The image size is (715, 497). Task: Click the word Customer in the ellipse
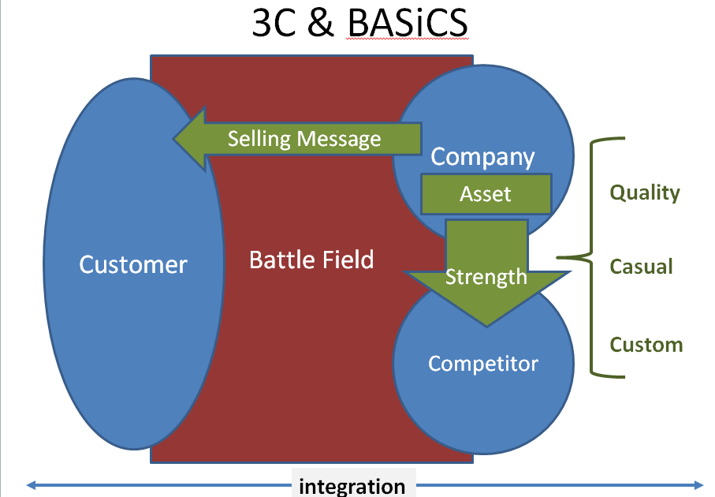click(133, 263)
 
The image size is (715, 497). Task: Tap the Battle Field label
click(311, 259)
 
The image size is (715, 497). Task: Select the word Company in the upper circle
click(482, 156)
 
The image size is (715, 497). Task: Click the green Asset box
click(486, 194)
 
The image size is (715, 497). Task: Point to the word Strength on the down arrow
click(486, 277)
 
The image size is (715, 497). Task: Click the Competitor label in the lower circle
click(483, 364)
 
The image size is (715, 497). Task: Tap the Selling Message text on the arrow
click(304, 139)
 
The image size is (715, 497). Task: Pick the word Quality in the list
click(645, 192)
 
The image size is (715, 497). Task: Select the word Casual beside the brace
click(642, 267)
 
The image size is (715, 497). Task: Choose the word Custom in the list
click(646, 345)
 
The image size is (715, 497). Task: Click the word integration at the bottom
click(352, 486)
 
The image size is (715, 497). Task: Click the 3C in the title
click(273, 24)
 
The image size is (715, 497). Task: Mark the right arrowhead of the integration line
click(698, 484)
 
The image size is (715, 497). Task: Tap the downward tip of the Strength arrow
click(487, 323)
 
